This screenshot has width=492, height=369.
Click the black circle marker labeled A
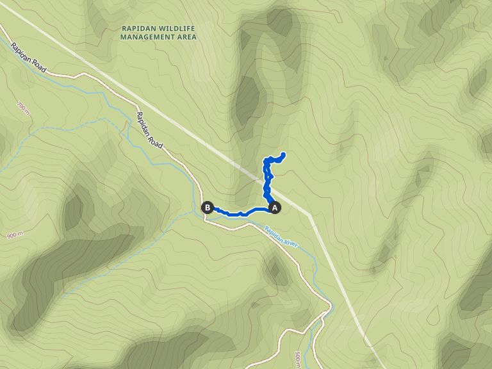tap(275, 207)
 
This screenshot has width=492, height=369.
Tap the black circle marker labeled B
tap(207, 207)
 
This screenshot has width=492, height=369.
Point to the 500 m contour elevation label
tap(299, 359)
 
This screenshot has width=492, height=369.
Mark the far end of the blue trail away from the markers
tap(283, 154)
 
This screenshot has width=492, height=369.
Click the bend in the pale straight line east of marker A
tap(310, 215)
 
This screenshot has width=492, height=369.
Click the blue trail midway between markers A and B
tap(241, 213)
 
